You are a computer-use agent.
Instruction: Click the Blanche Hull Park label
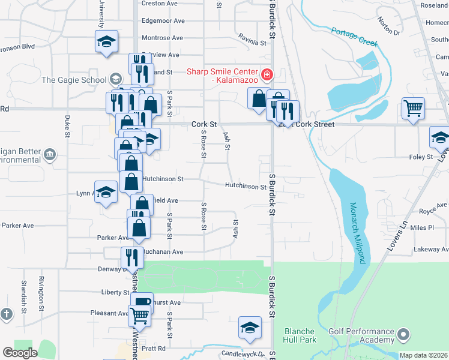(x=300, y=335)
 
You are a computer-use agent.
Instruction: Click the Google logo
(x=20, y=352)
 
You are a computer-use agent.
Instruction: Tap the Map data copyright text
(x=423, y=355)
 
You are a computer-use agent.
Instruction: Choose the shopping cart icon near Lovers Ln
(x=413, y=109)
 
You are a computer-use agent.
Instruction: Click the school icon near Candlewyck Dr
(x=250, y=328)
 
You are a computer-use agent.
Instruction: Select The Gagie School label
(x=74, y=79)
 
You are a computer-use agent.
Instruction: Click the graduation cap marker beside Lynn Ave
(x=106, y=193)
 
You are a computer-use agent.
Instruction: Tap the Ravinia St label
(x=252, y=43)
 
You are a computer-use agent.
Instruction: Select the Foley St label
(x=421, y=157)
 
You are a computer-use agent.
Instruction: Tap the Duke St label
(x=67, y=125)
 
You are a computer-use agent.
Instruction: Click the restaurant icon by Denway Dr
(x=131, y=257)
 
